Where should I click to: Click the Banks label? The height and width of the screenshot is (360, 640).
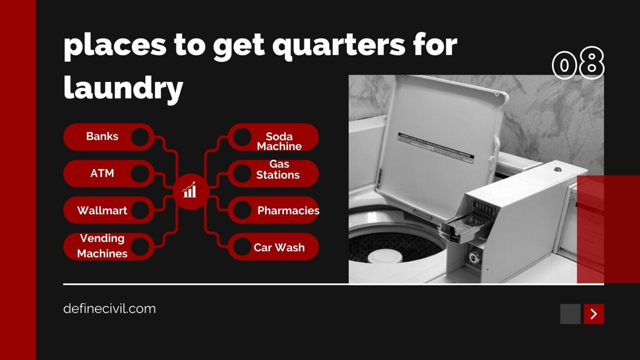(x=102, y=136)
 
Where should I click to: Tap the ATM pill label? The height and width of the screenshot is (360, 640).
(x=102, y=173)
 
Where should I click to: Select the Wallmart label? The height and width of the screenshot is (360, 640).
(x=102, y=210)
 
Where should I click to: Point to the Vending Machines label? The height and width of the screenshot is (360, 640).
(x=102, y=246)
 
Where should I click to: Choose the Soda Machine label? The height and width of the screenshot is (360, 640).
(x=279, y=141)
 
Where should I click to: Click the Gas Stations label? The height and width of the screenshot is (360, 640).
(x=278, y=169)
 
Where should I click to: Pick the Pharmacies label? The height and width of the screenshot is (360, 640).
(x=288, y=210)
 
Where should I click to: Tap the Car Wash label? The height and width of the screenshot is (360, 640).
(x=279, y=247)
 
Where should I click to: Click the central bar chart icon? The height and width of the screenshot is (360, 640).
(x=190, y=191)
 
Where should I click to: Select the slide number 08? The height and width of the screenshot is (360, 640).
(x=578, y=63)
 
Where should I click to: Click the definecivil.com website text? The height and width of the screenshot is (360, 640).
(x=110, y=309)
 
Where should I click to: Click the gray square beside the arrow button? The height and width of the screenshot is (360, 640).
(x=570, y=314)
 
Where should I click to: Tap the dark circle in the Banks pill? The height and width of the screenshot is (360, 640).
(x=140, y=137)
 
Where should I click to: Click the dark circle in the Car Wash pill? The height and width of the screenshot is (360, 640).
(x=241, y=247)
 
